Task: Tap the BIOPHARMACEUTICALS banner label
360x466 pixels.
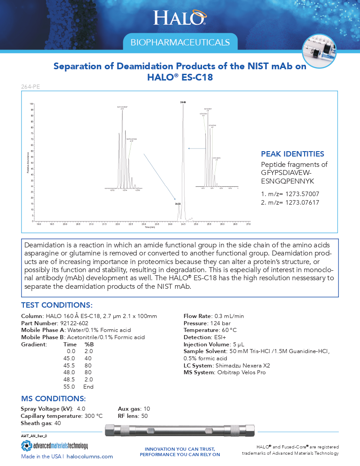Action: (180, 42)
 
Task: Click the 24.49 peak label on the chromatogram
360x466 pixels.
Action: (183, 103)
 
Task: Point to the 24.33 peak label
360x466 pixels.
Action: (178, 204)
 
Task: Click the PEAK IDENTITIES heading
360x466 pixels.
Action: (292, 154)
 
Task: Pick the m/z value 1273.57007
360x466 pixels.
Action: (297, 194)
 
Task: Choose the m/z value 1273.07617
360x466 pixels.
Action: (297, 203)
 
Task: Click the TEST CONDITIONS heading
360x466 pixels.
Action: (57, 305)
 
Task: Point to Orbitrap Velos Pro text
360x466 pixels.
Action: (240, 372)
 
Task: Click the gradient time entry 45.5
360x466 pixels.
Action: (71, 365)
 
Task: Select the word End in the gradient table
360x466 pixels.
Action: (88, 386)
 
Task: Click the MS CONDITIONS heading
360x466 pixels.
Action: (53, 399)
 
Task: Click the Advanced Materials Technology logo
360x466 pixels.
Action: (54, 446)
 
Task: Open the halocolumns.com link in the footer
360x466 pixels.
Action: (92, 457)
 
